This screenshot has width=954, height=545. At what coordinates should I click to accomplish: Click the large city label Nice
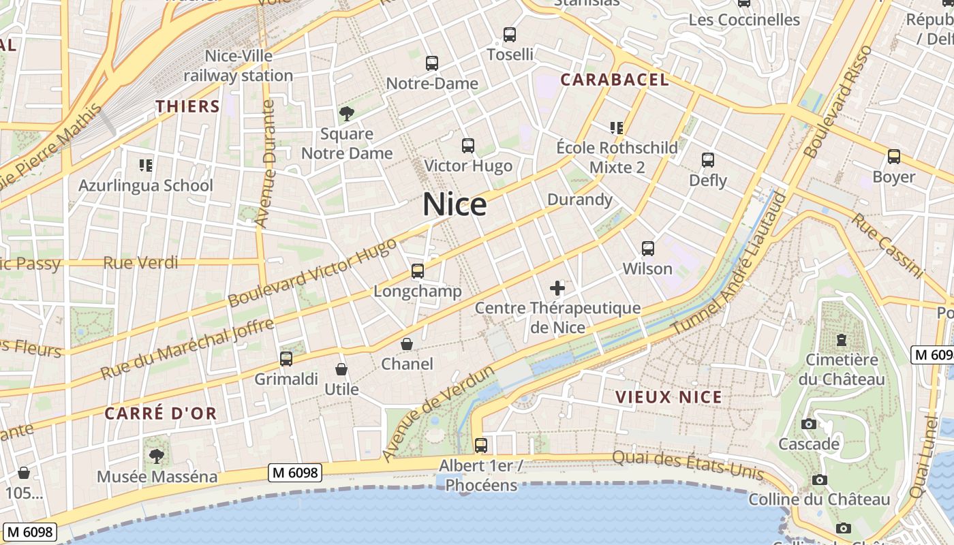(x=455, y=204)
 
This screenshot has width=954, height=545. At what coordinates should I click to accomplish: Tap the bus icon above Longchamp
(x=418, y=271)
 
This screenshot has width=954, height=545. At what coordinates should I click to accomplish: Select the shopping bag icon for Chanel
(x=407, y=344)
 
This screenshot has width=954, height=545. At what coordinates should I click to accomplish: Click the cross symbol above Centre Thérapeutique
(x=557, y=288)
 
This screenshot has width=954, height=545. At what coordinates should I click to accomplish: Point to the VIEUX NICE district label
(x=668, y=397)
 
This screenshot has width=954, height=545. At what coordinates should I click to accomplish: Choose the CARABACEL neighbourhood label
(x=614, y=80)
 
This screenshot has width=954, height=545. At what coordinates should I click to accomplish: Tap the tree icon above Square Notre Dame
(x=347, y=113)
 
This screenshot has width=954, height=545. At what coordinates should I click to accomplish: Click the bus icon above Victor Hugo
(x=467, y=145)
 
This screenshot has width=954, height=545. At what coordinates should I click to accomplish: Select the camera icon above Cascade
(x=809, y=424)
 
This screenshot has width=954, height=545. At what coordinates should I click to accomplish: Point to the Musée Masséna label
(x=157, y=476)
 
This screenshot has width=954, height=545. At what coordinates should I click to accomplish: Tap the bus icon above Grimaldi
(x=286, y=359)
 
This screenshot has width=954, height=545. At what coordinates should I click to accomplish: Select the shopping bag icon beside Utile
(x=341, y=370)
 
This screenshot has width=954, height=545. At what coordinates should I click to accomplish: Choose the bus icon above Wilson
(x=647, y=249)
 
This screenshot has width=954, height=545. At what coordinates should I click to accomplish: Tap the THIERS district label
(x=187, y=106)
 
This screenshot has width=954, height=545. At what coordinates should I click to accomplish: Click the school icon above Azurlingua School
(x=145, y=165)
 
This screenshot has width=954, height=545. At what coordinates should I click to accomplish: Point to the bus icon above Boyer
(x=893, y=157)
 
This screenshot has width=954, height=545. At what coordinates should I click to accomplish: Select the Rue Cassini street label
(x=887, y=246)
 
